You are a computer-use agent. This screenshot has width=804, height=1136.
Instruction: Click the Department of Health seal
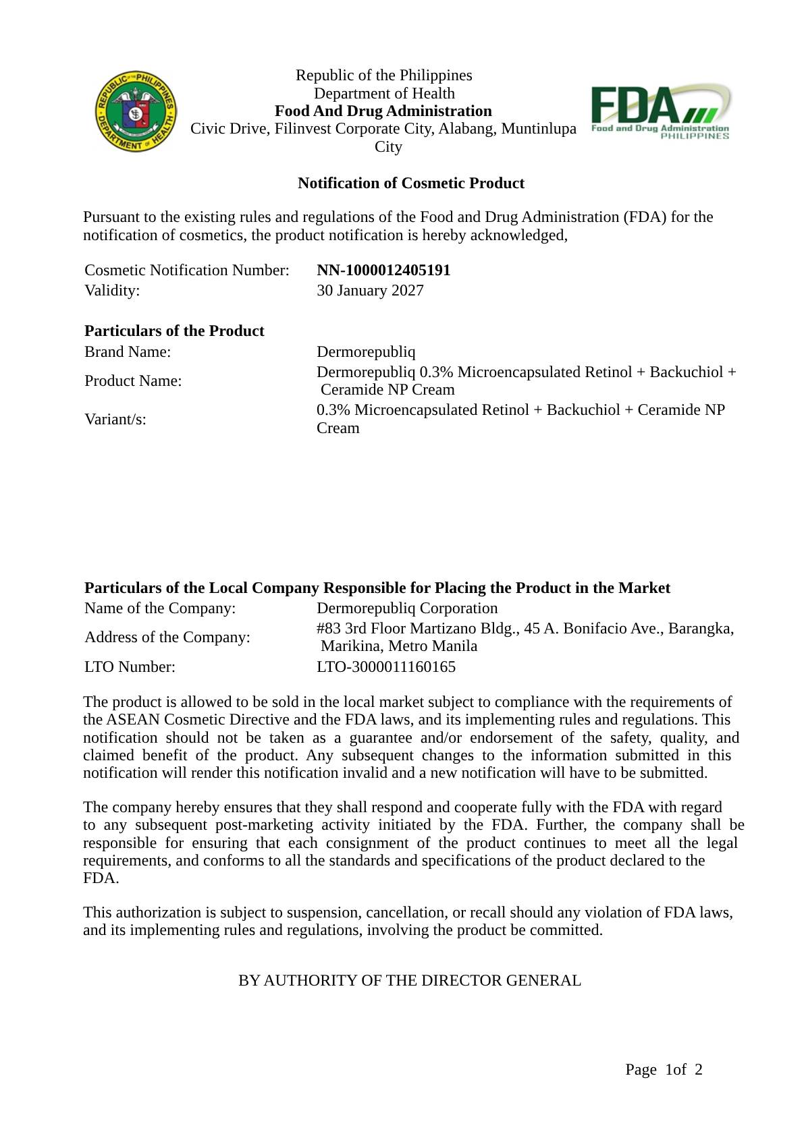coord(136,111)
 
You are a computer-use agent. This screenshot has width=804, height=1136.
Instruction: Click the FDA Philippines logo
coord(660,111)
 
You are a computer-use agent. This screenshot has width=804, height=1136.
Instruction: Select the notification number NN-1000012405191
coord(383,271)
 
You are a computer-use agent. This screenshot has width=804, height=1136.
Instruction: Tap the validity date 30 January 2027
coord(370,291)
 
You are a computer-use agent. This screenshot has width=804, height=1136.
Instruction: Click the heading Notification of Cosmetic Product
coord(410,183)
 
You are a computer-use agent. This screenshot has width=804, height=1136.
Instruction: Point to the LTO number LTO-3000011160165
coord(385,667)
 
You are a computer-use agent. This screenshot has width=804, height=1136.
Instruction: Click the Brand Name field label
coord(128,352)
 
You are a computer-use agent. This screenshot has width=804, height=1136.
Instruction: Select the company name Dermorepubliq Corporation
coord(407,608)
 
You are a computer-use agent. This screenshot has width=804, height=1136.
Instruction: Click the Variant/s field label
coord(115,420)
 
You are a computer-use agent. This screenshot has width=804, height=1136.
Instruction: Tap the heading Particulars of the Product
coord(174,331)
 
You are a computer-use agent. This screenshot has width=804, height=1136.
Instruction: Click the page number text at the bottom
coord(664,1070)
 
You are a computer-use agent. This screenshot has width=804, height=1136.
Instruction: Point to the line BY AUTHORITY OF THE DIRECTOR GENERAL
coord(409,981)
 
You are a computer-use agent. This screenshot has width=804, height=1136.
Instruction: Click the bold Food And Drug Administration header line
coord(383,111)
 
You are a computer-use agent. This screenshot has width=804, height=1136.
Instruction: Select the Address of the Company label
coord(167,637)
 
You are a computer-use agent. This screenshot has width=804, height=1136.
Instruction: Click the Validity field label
coord(112,291)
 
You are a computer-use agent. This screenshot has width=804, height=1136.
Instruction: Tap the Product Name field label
coord(133,381)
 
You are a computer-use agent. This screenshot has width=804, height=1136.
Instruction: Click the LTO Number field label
coord(130,667)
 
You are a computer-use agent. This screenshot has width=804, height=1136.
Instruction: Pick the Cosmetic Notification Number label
coord(187,271)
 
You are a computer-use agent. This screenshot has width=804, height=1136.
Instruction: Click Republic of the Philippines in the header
coord(383,76)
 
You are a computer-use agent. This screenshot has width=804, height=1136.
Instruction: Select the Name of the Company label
coord(160,608)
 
